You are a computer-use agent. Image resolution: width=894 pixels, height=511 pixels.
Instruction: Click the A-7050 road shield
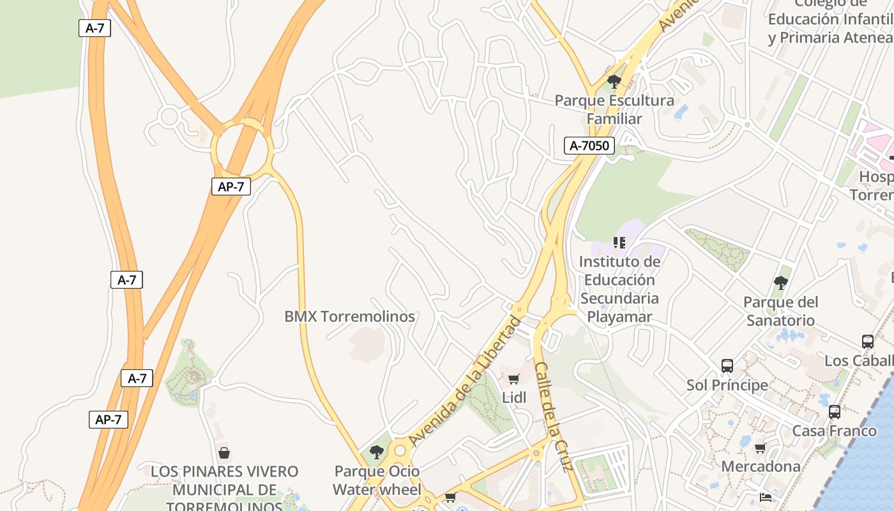[589, 146]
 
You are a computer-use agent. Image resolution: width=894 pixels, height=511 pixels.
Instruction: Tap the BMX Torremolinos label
[349, 316]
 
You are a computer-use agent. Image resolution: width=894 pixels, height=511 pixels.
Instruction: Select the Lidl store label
[514, 397]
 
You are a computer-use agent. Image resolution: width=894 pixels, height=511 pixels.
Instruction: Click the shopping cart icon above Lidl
[514, 379]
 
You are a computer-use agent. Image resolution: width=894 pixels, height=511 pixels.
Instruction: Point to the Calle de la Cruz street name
[552, 416]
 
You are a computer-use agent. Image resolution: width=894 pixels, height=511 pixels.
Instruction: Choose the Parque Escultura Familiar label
[614, 109]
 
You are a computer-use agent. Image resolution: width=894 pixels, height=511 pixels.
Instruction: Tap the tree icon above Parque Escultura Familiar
[614, 82]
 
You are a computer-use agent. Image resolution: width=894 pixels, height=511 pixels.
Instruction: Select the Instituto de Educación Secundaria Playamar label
[619, 289]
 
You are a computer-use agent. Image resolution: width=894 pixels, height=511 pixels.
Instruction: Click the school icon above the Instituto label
[619, 242]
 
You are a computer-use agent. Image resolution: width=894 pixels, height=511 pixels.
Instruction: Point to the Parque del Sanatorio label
[780, 310]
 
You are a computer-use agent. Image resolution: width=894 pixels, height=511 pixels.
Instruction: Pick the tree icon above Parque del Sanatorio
[780, 282]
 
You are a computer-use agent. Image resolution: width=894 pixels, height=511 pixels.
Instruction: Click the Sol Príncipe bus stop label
[727, 385]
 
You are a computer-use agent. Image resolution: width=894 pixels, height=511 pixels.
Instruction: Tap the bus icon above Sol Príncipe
[727, 366]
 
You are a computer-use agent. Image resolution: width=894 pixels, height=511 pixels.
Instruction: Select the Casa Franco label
[834, 431]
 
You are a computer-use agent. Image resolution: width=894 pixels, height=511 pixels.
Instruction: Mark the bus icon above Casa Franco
[834, 412]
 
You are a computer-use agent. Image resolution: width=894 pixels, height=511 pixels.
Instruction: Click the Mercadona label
[761, 466]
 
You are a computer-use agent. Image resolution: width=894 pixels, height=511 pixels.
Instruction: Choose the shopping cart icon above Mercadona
[761, 448]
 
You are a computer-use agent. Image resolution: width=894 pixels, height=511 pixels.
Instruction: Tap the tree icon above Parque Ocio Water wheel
[377, 452]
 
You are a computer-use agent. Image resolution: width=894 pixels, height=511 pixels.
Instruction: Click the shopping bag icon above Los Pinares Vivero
[224, 453]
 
